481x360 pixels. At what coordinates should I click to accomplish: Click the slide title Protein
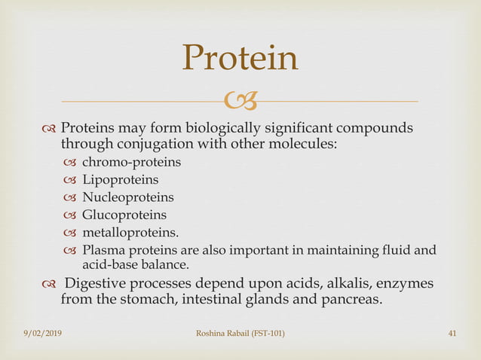[240, 58]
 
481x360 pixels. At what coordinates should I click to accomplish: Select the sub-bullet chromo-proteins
[130, 161]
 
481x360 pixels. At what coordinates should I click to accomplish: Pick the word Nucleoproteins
[127, 197]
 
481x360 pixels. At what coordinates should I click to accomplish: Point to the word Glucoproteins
[124, 215]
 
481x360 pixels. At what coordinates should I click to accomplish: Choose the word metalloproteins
[130, 233]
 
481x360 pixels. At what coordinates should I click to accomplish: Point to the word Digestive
[97, 285]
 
